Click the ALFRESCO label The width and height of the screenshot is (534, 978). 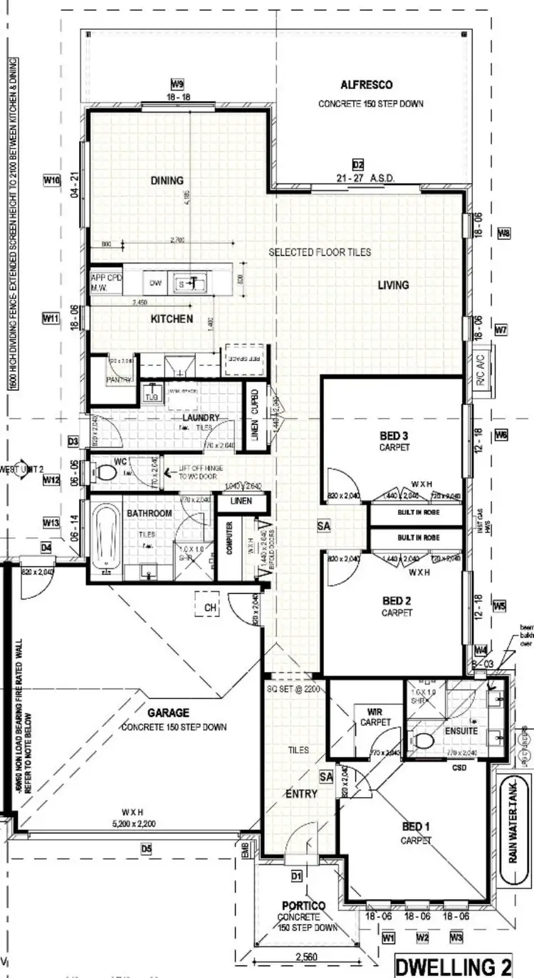367,85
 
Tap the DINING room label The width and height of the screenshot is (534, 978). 167,181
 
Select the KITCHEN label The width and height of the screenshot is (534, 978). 171,319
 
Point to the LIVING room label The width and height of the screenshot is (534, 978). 393,285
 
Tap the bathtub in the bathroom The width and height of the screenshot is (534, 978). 105,535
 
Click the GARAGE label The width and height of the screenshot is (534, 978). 169,713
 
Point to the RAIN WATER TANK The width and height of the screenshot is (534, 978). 511,825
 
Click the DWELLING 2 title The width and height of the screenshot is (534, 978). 453,967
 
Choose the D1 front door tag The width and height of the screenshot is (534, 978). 296,875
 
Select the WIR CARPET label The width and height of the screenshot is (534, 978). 375,717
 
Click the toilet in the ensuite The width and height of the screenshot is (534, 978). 424,741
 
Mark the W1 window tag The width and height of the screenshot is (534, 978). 388,938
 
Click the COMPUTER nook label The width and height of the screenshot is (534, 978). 229,538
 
